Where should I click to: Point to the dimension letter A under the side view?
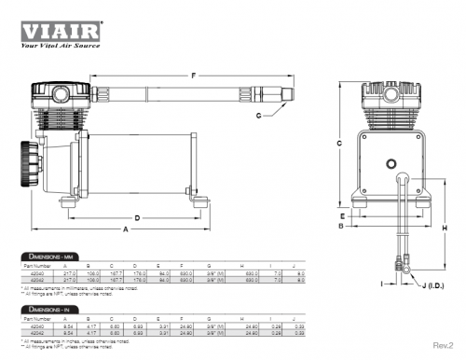point(125,229)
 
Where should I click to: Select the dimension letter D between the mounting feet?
point(136,217)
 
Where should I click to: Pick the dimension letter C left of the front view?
point(339,143)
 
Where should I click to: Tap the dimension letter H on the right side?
point(444,228)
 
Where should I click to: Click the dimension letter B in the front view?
point(342,226)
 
